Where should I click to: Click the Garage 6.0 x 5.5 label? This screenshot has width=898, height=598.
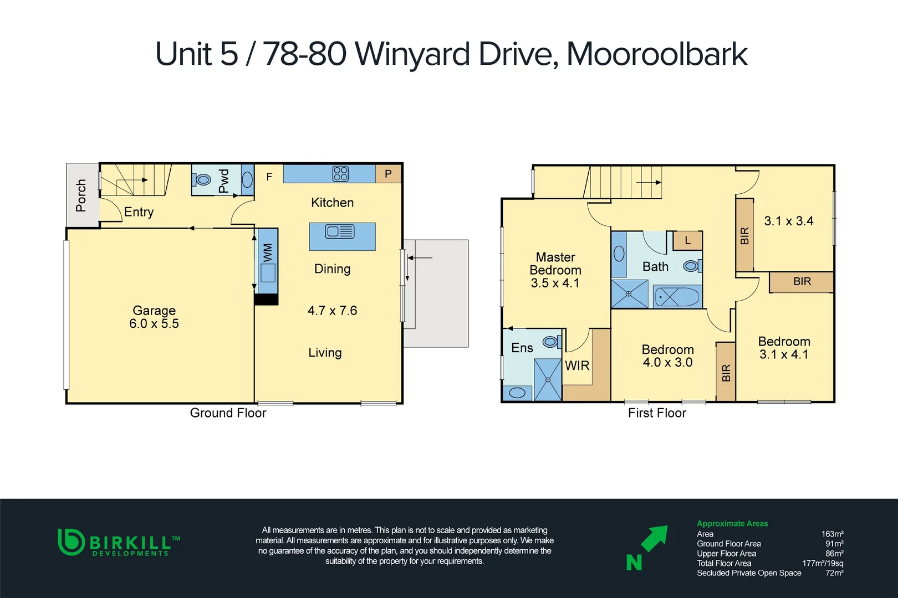154,317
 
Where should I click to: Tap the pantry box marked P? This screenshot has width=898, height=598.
388,174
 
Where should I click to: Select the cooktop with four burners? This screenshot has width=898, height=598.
340,174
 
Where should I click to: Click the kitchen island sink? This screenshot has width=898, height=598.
340,231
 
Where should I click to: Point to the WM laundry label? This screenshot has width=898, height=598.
268,252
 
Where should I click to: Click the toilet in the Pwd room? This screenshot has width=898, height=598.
202,179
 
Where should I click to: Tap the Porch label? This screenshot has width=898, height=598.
81,195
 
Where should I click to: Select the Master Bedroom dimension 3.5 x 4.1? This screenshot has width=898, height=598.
555,283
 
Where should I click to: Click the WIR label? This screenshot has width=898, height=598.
577,365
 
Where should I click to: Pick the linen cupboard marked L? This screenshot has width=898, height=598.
687,240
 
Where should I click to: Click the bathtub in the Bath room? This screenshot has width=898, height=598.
677,297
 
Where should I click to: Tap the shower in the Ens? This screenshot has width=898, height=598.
548,379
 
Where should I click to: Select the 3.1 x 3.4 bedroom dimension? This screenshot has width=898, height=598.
788,221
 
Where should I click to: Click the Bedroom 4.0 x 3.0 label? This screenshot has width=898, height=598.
667,356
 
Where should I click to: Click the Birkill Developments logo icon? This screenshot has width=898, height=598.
71,542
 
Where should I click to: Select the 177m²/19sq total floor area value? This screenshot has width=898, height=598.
823,563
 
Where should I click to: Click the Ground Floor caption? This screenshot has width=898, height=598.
228,413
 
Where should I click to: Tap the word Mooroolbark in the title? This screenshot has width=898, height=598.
657,54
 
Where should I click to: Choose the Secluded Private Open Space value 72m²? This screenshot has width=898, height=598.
834,573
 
